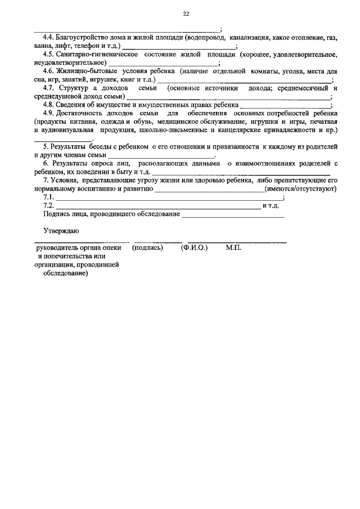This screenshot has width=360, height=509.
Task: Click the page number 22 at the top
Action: (x=186, y=15)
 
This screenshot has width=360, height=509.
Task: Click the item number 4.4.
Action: (x=49, y=38)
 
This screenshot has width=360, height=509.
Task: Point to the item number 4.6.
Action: (x=49, y=71)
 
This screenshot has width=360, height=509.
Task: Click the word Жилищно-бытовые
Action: (x=85, y=71)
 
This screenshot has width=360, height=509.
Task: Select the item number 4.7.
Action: (x=49, y=88)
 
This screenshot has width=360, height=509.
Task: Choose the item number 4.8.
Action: (x=49, y=105)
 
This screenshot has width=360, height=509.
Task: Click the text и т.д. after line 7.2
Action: (x=271, y=206)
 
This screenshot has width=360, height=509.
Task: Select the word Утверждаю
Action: (x=61, y=231)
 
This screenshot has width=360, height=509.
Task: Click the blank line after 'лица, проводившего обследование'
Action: (x=233, y=215)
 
